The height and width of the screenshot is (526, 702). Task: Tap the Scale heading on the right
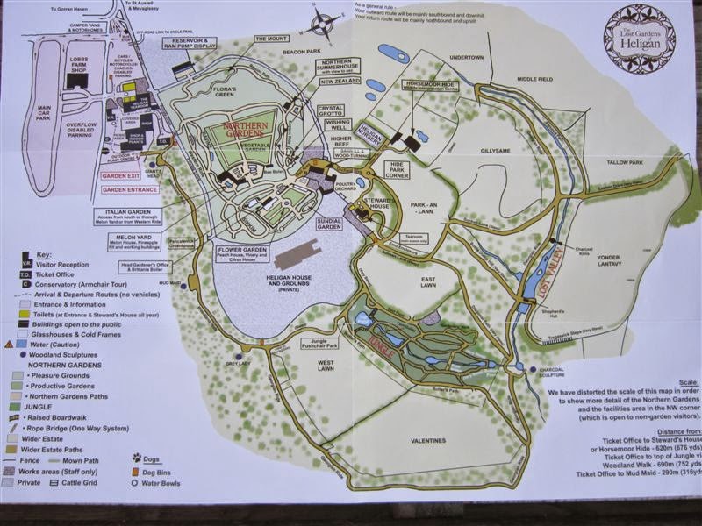pyautogui.click(x=690, y=383)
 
